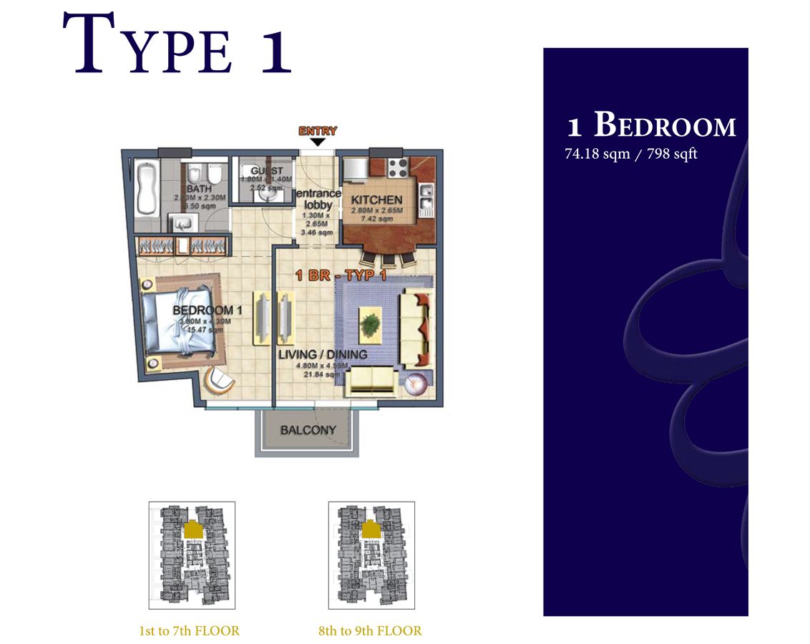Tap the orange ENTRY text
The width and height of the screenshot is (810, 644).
click(x=318, y=131)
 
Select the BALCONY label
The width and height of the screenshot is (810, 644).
click(x=308, y=430)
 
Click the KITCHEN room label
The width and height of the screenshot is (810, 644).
click(x=376, y=200)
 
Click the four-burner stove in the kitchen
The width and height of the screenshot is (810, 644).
click(x=397, y=169)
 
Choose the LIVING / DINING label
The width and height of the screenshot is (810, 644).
click(x=323, y=354)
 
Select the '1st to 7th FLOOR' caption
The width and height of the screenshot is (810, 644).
click(x=190, y=631)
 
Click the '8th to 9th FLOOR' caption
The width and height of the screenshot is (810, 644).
click(x=370, y=631)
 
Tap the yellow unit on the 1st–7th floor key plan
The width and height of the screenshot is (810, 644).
click(x=192, y=530)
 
